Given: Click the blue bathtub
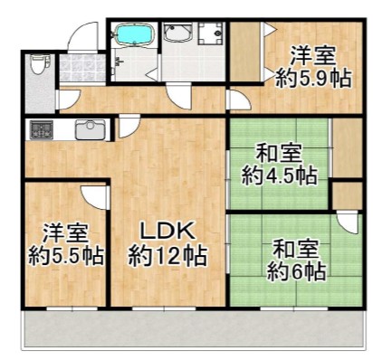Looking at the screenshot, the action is (x=135, y=34).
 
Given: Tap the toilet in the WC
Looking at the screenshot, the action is (x=39, y=64).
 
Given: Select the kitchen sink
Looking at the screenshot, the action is (x=91, y=129).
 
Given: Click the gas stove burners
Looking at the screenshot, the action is (x=42, y=129).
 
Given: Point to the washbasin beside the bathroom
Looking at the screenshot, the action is (x=178, y=33).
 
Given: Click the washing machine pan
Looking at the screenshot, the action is (x=211, y=33).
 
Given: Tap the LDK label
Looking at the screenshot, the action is (x=167, y=232).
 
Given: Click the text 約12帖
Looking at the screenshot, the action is (x=167, y=256).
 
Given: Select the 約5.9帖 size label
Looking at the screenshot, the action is (x=313, y=78).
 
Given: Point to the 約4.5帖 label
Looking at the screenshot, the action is (x=280, y=175).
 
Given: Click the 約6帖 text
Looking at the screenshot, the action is (x=297, y=271).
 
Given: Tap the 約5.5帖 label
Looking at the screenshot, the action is (x=66, y=256).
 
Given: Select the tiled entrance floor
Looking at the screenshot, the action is (x=82, y=68).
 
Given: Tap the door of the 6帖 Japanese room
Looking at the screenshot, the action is (x=348, y=223).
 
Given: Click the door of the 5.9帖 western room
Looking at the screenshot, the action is (x=240, y=100).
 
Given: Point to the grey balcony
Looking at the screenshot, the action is (x=194, y=330).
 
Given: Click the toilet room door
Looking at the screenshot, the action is (x=69, y=99).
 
